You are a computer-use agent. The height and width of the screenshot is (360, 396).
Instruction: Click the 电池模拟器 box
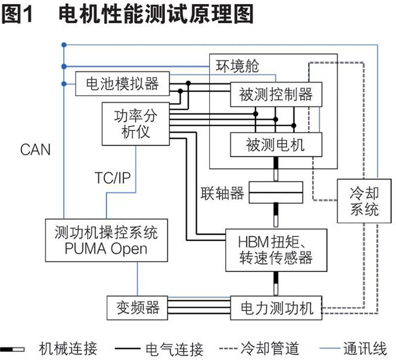[122, 83]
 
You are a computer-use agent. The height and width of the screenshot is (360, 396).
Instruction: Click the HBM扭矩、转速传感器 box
[276, 250]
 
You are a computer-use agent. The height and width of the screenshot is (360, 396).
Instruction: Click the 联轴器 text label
[223, 193]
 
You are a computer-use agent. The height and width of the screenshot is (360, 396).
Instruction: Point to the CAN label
[36, 149]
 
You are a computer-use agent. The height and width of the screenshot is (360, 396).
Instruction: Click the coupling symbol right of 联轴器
[275, 192]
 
